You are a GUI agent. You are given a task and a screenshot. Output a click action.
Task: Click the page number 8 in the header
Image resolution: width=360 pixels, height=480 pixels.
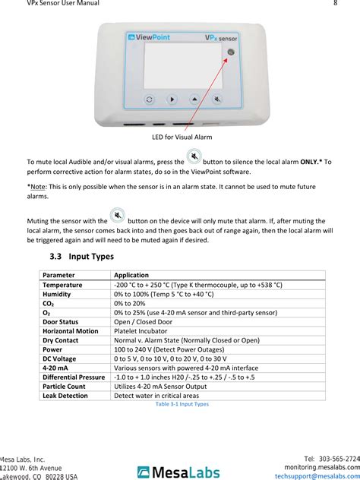(335, 4)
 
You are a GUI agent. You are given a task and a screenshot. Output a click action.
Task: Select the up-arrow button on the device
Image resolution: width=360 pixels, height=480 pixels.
(195, 99)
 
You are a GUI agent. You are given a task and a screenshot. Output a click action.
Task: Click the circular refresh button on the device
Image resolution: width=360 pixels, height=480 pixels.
(150, 99)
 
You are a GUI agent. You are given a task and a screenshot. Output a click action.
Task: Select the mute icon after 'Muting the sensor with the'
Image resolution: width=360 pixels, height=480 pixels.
(117, 216)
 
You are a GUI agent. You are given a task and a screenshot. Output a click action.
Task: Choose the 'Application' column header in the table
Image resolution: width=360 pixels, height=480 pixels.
(131, 275)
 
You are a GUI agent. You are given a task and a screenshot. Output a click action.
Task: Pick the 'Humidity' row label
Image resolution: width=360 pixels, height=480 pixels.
(57, 293)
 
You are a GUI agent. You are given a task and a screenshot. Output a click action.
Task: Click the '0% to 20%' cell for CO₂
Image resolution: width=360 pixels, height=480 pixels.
(130, 302)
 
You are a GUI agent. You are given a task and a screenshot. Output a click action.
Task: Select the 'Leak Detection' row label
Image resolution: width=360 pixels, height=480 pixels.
(65, 395)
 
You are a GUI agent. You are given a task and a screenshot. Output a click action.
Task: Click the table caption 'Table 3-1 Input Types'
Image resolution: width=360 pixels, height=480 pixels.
(182, 404)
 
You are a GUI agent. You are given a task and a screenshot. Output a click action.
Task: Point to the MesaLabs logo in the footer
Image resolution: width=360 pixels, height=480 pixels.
(179, 471)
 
